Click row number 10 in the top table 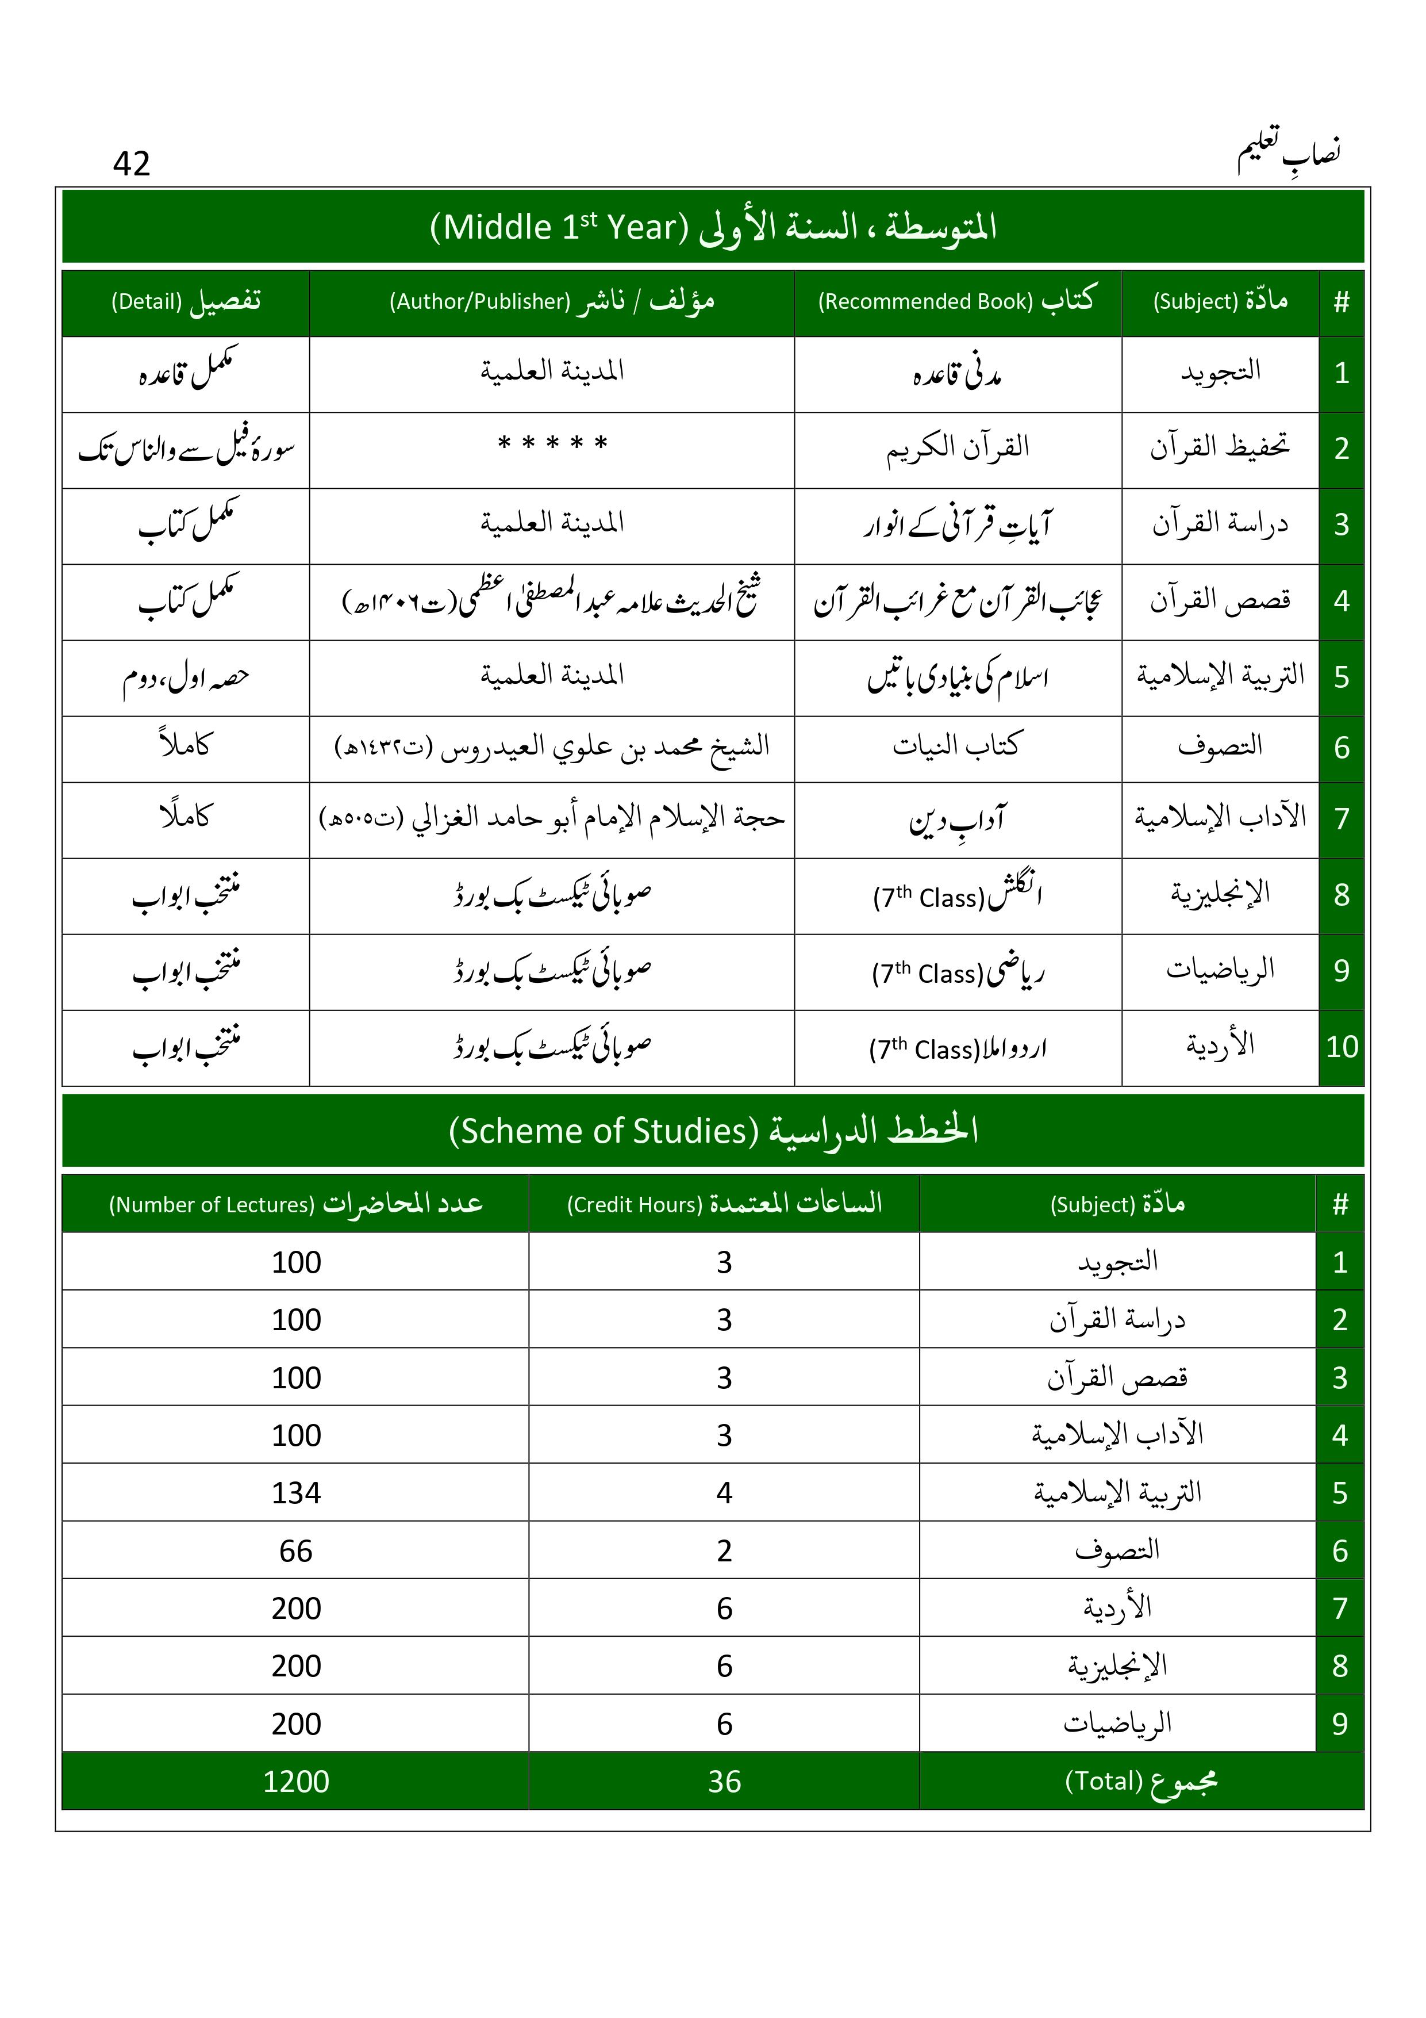pos(1342,1047)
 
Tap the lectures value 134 pos(296,1494)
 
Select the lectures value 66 pos(296,1551)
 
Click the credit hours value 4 pos(724,1494)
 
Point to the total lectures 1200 pos(296,1782)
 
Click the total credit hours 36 pos(724,1782)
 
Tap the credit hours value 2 pos(724,1551)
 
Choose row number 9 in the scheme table pos(1340,1725)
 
